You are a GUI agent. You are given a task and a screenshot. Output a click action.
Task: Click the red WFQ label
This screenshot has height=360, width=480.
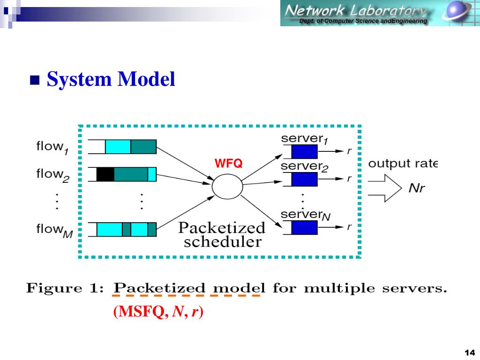tap(228, 164)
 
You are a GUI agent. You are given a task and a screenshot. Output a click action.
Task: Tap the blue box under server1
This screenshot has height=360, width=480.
tap(304, 152)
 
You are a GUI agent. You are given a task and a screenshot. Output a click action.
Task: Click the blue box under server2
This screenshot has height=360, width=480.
tap(304, 179)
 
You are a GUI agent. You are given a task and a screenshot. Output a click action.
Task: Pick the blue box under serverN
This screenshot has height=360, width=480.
tap(304, 227)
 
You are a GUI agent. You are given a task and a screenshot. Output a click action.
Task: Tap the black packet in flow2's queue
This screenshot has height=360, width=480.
tap(105, 174)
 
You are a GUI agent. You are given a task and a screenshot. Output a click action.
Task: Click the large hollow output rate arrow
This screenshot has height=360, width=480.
tap(385, 188)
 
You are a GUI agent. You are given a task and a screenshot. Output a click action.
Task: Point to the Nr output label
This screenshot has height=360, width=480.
tap(417, 188)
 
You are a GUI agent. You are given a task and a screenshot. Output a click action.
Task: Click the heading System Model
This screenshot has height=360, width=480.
tap(111, 80)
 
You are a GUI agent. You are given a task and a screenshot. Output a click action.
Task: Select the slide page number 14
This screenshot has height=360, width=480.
tap(469, 352)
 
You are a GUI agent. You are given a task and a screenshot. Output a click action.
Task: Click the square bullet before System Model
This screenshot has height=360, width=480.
tap(34, 81)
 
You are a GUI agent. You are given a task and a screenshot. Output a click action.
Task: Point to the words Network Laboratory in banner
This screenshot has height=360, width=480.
tap(356, 10)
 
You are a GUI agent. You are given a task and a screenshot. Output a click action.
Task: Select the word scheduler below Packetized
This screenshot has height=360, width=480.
tap(222, 242)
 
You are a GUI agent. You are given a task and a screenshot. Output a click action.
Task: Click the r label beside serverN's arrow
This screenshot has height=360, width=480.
tap(349, 227)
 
